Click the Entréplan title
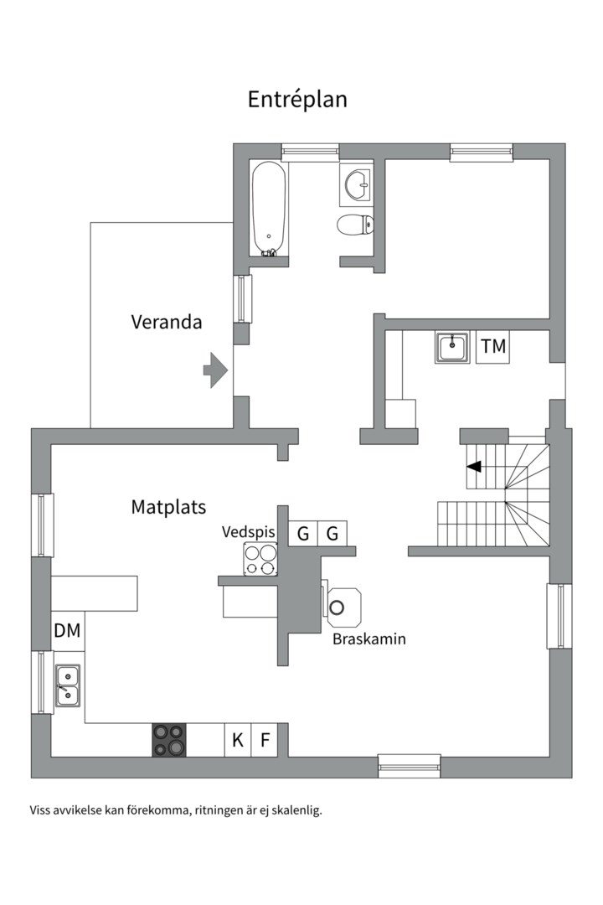coord(297,100)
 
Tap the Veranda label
coord(166,322)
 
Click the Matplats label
coord(168,507)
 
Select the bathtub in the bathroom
coord(269,209)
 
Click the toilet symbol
coord(355,225)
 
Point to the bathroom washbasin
coord(356,184)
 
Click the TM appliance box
coord(493,346)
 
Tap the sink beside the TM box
coord(452,348)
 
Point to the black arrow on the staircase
coord(474,467)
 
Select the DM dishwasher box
coord(68,630)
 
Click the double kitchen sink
coord(68,685)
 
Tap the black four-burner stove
coord(169,740)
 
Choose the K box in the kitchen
coord(238,740)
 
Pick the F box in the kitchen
coord(265,740)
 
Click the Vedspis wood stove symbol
coord(260,559)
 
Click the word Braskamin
coord(369,639)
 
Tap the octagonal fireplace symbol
coord(344,608)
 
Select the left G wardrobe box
coord(303,533)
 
